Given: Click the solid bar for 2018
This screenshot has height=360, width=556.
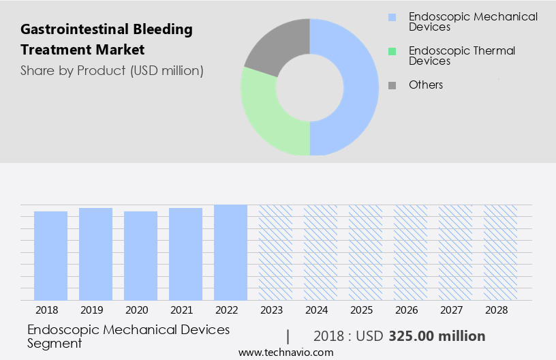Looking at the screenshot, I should point(50,256).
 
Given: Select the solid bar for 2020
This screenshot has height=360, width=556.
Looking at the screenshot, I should point(140,256).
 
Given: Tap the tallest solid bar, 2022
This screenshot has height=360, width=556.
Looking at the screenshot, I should point(230,252).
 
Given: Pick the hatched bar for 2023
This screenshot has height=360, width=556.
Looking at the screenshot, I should point(275,252).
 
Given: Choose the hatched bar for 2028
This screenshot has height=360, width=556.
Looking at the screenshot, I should point(500,252).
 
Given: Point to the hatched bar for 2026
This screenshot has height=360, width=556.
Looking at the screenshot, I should point(410,252).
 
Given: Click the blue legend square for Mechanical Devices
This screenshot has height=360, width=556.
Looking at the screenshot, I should point(392,17).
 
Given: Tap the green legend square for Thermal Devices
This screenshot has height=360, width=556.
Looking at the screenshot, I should point(392,51).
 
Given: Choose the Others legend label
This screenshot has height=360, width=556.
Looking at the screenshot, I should point(425,85).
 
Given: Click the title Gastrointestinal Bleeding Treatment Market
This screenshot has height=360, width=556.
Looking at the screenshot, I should point(106,40).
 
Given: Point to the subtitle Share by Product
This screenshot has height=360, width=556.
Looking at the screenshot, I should point(112,70).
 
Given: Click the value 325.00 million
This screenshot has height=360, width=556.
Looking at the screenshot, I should point(437,336).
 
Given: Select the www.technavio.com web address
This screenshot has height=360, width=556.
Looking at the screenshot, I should point(285,352).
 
